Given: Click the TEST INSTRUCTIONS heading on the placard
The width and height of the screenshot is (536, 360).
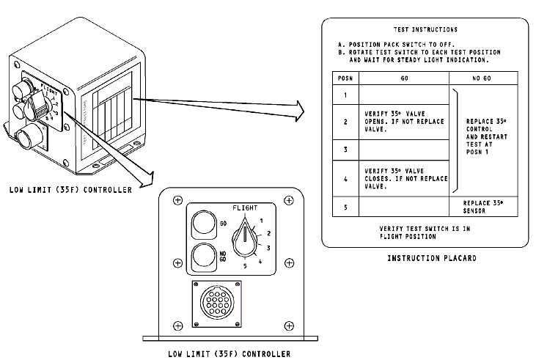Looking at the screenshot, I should [425, 30].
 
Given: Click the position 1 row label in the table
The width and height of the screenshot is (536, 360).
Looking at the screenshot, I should [345, 95].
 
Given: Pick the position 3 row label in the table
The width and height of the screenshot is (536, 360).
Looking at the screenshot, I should [345, 149].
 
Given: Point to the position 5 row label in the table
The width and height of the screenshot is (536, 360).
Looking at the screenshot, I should [345, 206].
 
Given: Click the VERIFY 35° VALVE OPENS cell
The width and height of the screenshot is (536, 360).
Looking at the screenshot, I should [403, 122].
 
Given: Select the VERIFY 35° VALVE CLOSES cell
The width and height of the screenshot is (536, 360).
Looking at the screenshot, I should [403, 178].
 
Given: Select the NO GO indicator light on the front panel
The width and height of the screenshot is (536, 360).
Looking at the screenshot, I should [203, 257].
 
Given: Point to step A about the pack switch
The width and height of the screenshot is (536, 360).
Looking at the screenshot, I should [405, 44].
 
